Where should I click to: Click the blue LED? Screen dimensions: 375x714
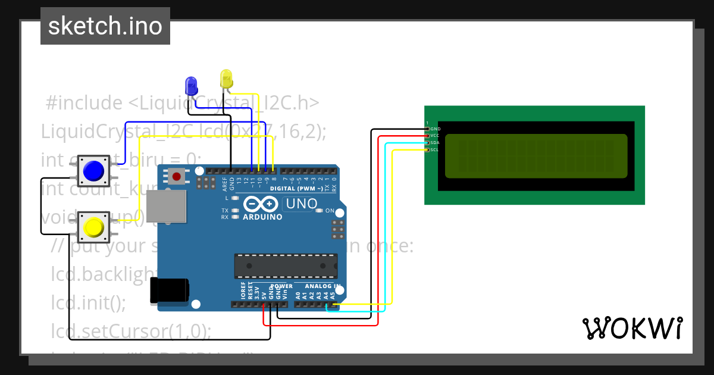pos(191,86)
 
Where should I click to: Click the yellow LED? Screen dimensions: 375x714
pos(226,79)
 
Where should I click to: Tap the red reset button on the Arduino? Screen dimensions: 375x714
pos(177,176)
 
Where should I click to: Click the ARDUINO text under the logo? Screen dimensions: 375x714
pos(262,217)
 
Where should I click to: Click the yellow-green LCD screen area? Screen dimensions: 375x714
pos(535,156)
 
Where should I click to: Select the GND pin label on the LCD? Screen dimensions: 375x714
pos(435,129)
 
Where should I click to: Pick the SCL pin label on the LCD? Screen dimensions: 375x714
pos(434,150)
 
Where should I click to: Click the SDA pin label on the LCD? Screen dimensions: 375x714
pos(434,143)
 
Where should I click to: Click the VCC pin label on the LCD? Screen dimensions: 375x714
pos(434,136)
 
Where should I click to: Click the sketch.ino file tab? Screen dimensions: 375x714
pos(105,26)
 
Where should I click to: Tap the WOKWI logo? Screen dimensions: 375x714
pos(632,328)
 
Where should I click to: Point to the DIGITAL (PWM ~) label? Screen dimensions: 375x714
pos(296,188)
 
